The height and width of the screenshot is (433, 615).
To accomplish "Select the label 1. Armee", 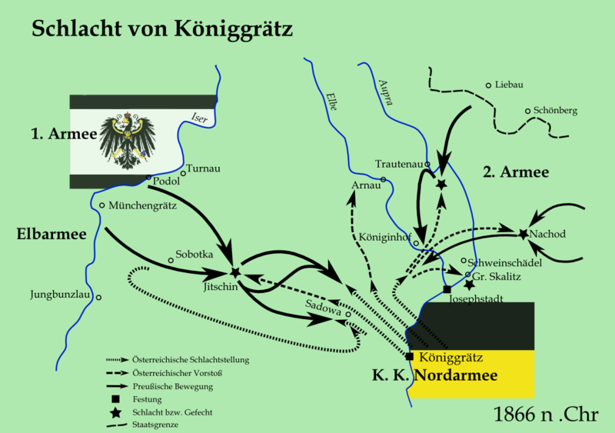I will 63,135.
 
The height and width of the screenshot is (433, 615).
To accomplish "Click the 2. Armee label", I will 515,172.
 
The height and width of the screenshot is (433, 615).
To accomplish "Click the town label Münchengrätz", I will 143,206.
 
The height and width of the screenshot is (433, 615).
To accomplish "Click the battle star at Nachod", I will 524,233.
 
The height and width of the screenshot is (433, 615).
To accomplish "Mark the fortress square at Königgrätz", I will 410,357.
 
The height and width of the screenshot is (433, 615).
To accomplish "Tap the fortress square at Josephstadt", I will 447,289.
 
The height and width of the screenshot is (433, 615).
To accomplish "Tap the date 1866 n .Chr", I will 547,416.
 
